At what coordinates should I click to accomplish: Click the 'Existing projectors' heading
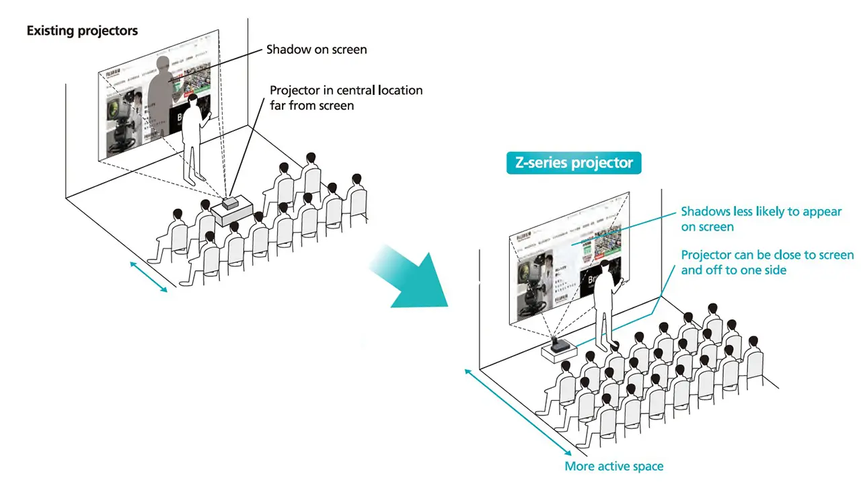(82, 31)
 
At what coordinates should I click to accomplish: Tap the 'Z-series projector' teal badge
(574, 163)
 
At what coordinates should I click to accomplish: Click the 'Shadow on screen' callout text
(316, 49)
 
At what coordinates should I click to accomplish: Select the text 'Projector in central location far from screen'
(346, 97)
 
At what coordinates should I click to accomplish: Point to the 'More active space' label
(613, 467)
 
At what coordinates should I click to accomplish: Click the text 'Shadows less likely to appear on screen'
(761, 219)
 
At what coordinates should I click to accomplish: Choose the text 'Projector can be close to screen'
(767, 255)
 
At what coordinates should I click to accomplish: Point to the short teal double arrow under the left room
(148, 277)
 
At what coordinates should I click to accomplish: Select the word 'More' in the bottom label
(578, 467)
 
